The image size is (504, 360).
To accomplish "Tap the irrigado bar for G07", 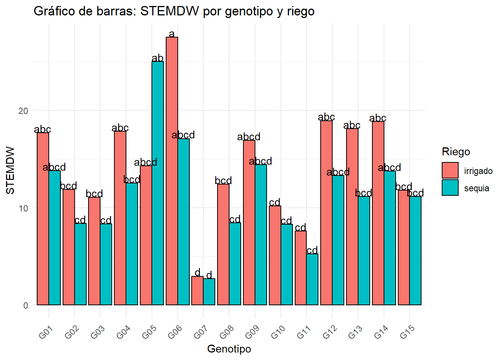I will pos(197,291).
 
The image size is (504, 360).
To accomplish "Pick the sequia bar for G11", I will pos(312,279).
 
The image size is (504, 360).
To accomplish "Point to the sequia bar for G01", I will pos(54,238).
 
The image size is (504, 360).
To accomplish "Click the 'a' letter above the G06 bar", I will pos(172,34).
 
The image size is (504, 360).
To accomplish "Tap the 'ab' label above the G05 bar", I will pos(157,58).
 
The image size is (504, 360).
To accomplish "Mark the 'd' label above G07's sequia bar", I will pos(209,275).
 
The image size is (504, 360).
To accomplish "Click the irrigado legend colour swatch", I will pos(450,170).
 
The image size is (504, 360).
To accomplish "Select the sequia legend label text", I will pos(476,188).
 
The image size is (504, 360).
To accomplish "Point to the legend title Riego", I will pos(456,151).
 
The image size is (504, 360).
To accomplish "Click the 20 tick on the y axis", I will pos(23,111).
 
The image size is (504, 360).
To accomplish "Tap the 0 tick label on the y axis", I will pos(25,305).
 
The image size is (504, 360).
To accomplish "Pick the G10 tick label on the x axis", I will pos(278,332).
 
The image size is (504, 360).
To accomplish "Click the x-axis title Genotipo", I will pos(229,349).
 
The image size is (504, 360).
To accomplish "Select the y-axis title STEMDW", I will pos(10,170).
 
